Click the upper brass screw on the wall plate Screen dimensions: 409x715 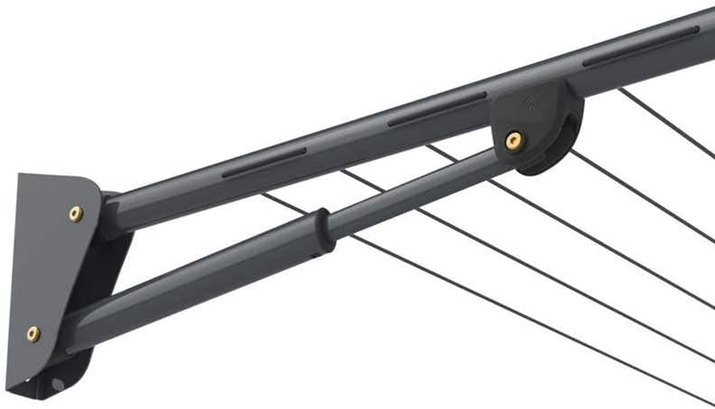[76, 214]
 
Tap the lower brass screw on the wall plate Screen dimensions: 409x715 [33, 334]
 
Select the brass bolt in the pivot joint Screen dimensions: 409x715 [514, 141]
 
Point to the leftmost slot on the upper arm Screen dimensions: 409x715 [264, 163]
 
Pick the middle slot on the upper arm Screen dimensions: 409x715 [437, 109]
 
